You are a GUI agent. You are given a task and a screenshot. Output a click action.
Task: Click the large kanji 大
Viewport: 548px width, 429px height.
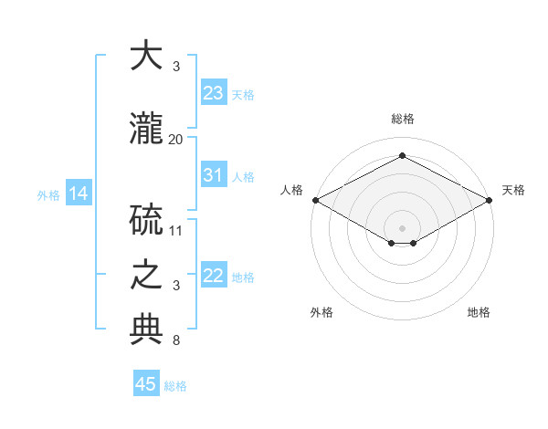[146, 55]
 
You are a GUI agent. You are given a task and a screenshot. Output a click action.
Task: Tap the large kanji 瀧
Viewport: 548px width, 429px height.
[146, 128]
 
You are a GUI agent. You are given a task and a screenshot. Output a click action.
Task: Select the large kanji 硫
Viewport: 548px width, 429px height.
[146, 220]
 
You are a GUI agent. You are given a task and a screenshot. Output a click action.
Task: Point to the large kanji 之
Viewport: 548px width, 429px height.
[146, 275]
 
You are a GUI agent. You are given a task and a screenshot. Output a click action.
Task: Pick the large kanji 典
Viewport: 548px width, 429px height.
[146, 330]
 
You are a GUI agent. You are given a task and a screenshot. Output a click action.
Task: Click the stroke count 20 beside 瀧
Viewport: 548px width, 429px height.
[175, 140]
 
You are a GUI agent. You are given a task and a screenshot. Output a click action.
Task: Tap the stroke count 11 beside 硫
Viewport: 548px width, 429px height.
[175, 231]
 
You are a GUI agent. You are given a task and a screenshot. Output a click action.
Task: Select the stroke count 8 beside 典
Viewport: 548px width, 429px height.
[176, 340]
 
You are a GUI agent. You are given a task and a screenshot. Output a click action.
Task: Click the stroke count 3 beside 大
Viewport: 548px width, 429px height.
[176, 67]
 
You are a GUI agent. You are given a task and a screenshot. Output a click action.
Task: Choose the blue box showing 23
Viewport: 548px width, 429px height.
[214, 92]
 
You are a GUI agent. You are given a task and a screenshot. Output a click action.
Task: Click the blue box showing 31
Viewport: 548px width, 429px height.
[214, 174]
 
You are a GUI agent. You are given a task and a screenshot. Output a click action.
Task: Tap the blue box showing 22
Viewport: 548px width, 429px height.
[214, 274]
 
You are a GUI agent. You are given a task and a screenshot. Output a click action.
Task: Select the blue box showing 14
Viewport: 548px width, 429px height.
[79, 193]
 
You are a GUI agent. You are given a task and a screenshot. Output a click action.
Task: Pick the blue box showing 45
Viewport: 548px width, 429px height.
[146, 382]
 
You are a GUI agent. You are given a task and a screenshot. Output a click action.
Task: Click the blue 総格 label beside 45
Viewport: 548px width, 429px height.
[175, 386]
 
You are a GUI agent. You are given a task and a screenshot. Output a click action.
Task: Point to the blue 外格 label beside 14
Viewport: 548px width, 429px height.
[48, 195]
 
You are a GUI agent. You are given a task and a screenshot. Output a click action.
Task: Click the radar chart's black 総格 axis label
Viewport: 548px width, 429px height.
[403, 119]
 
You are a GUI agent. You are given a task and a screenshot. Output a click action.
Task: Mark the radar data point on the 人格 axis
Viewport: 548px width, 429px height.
[316, 200]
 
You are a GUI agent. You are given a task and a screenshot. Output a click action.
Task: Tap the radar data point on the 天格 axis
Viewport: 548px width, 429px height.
[489, 200]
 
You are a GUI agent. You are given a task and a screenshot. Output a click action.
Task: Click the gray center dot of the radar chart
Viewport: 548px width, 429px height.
[402, 228]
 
